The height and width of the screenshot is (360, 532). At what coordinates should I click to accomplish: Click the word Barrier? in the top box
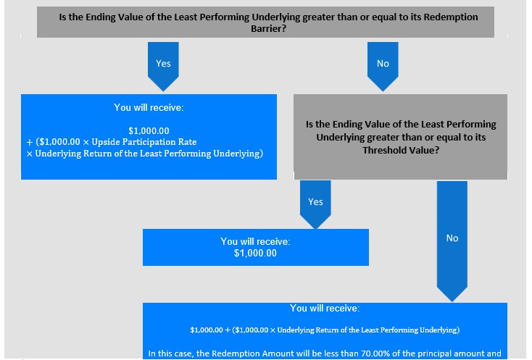(268, 28)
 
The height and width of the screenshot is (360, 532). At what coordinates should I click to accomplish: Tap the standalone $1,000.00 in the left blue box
(149, 130)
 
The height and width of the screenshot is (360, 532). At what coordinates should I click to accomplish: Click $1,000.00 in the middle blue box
(255, 254)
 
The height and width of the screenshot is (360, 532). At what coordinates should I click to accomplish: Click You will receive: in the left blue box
(149, 107)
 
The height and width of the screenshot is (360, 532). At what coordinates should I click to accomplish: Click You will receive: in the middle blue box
(255, 241)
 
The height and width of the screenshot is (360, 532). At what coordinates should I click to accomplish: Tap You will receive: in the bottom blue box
(325, 308)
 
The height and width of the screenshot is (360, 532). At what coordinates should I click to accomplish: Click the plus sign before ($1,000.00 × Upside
(30, 142)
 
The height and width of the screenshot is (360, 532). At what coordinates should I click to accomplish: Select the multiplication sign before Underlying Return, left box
(30, 154)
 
